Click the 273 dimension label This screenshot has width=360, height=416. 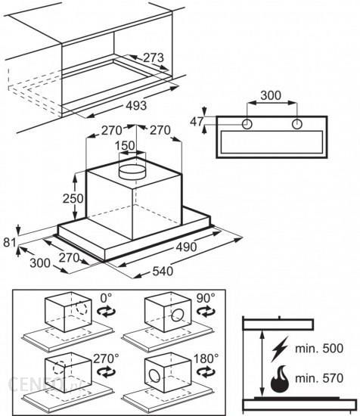tap(154, 57)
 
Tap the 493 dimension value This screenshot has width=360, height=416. tap(136, 106)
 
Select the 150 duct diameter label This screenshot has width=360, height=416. tap(125, 146)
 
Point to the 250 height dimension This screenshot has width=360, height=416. tap(73, 198)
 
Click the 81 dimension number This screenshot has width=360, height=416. tap(9, 243)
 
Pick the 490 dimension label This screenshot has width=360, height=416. tap(187, 247)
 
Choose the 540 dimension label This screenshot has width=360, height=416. tap(163, 271)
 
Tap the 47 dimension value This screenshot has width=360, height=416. tap(197, 122)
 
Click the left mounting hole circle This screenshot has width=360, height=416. tap(247, 124)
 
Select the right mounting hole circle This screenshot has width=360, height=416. tap(297, 124)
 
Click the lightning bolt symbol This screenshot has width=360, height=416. tap(280, 349)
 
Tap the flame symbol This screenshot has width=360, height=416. tap(280, 379)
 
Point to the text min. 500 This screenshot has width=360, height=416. tap(319, 349)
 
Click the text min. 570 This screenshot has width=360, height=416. tap(319, 378)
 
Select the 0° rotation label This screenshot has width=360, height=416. tap(106, 298)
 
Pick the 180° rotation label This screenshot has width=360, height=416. tap(206, 359)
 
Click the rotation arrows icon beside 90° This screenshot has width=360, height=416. tap(206, 311)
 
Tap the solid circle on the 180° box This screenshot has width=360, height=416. tap(154, 376)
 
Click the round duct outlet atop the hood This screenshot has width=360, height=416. tap(132, 172)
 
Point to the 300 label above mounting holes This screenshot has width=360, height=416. tap(271, 95)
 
